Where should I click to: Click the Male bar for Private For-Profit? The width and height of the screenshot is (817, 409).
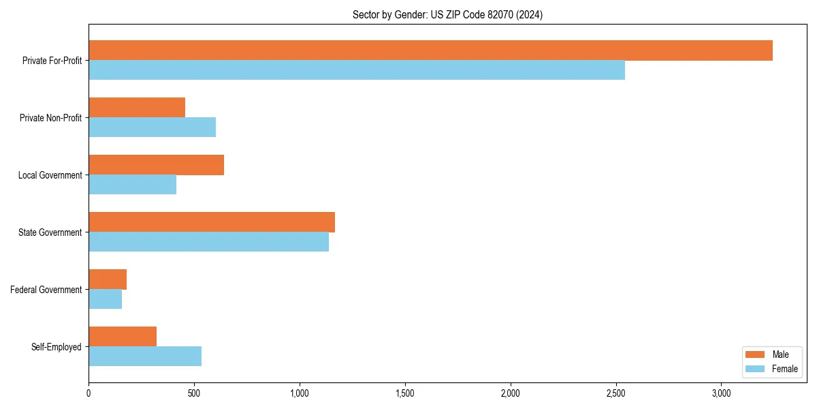click(430, 50)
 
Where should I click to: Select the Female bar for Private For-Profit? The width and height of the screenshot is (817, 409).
click(357, 70)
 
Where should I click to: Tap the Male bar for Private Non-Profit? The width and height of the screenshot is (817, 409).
click(137, 108)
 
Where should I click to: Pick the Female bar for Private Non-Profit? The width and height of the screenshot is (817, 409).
click(152, 127)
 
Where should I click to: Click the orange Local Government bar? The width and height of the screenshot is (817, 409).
click(156, 165)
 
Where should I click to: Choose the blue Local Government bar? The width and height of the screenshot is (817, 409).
click(132, 185)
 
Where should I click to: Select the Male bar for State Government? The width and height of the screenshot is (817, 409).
click(212, 222)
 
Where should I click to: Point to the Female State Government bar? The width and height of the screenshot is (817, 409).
click(208, 242)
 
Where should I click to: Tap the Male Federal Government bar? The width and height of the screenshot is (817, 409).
click(108, 279)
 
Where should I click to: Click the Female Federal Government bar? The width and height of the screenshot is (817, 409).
click(105, 299)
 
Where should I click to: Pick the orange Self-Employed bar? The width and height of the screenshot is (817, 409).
click(123, 337)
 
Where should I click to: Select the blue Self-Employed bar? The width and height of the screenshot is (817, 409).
click(145, 357)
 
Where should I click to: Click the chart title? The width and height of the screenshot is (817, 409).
click(447, 14)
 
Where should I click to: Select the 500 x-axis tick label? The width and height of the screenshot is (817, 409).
click(194, 393)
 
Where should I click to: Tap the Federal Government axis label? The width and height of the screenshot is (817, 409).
click(46, 290)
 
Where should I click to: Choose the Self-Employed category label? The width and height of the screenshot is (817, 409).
click(56, 347)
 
